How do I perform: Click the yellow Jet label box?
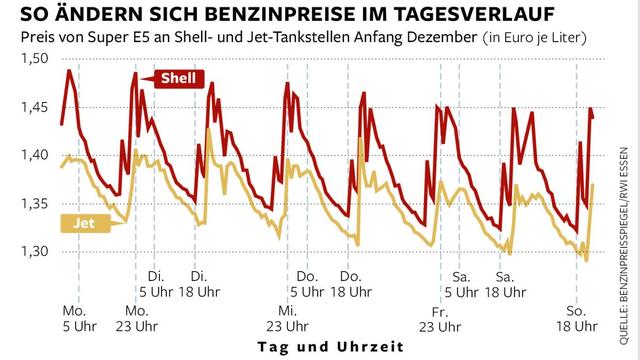tap(86, 224)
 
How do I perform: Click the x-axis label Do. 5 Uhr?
tap(305, 283)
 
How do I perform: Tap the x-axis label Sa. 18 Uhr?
tap(504, 283)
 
